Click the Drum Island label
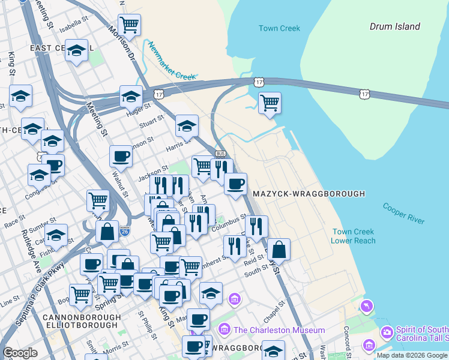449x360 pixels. pos(394,26)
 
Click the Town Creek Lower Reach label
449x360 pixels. pos(354,236)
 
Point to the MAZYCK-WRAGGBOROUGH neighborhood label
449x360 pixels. pos(309,194)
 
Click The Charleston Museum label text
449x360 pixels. pos(279,330)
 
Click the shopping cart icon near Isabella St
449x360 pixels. pos(129,25)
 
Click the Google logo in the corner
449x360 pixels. pos(20,353)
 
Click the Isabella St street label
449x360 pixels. pos(74,23)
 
